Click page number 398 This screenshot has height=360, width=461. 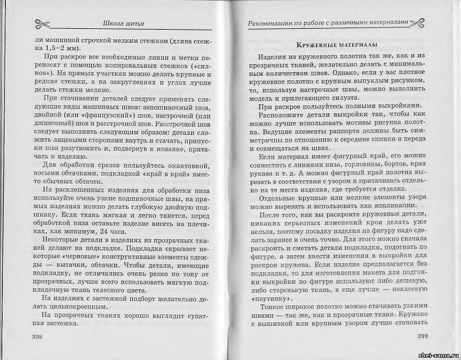(38, 337)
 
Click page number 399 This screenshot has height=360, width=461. (422, 337)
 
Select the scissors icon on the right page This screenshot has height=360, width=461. (417, 22)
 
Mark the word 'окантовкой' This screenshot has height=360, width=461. (187, 165)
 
